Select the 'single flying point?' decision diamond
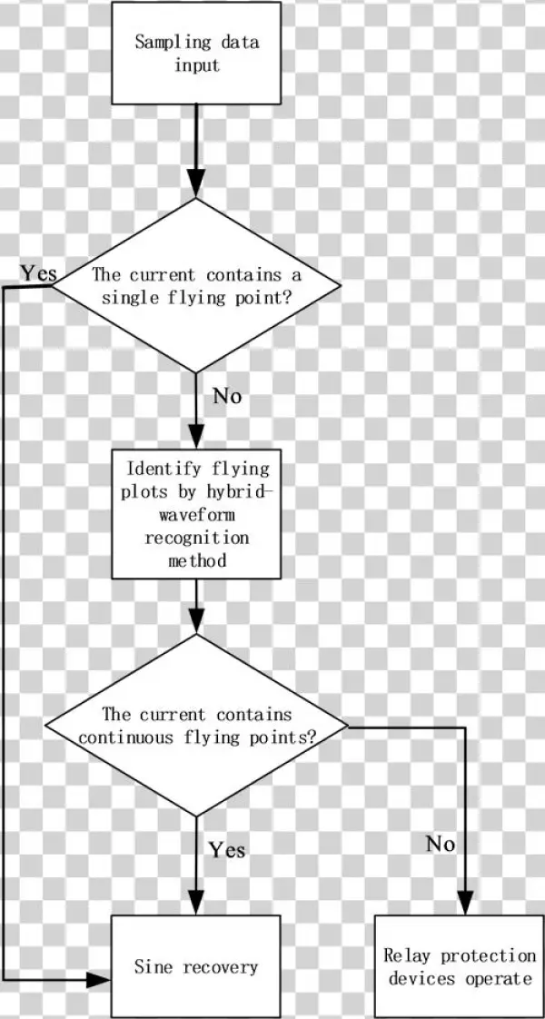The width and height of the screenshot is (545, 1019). point(196,285)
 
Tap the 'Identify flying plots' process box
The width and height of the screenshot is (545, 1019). point(196,514)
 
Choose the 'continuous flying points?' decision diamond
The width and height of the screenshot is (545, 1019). point(196,726)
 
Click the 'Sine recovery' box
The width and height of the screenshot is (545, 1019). point(196,966)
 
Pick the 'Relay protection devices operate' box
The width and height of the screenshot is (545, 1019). point(459,966)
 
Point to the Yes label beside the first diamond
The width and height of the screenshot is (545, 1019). point(39,272)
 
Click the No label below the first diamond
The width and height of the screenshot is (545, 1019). point(227,397)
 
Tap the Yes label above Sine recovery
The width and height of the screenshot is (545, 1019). point(227,850)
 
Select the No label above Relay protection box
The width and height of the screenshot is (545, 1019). point(441,844)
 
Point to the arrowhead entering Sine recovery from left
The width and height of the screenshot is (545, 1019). point(99,980)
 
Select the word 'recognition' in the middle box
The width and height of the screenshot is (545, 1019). point(196,538)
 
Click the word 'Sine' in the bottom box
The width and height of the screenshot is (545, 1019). point(152,967)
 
